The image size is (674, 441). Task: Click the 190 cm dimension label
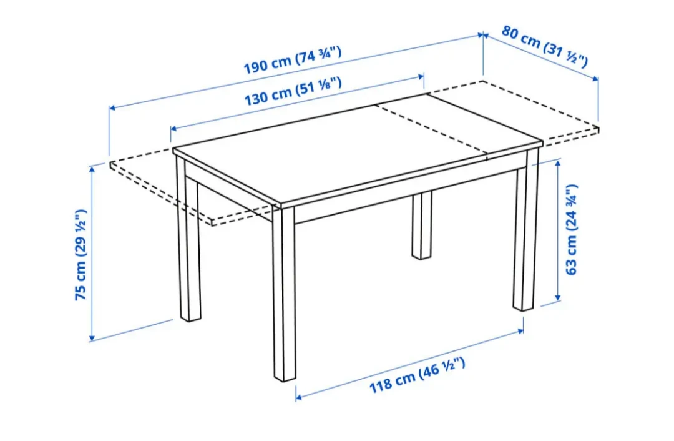coord(293,60)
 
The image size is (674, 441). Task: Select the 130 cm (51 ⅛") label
coord(293,91)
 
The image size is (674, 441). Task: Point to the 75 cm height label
coord(81,255)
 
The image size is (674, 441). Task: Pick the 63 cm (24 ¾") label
coord(571,230)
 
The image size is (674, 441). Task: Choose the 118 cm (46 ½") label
coord(417,375)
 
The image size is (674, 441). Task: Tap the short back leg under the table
coord(421,225)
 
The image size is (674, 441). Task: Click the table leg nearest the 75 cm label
coord(189,239)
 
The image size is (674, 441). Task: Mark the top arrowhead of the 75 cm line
coord(92,169)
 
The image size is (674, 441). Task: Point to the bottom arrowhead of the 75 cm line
coord(92,338)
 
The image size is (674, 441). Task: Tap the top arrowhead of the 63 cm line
coord(558,162)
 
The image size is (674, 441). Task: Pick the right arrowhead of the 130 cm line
coord(421,77)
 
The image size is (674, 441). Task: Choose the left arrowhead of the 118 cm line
coord(299,397)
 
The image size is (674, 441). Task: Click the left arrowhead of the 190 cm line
coord(112,107)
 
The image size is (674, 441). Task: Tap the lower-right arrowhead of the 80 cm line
coord(595,79)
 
